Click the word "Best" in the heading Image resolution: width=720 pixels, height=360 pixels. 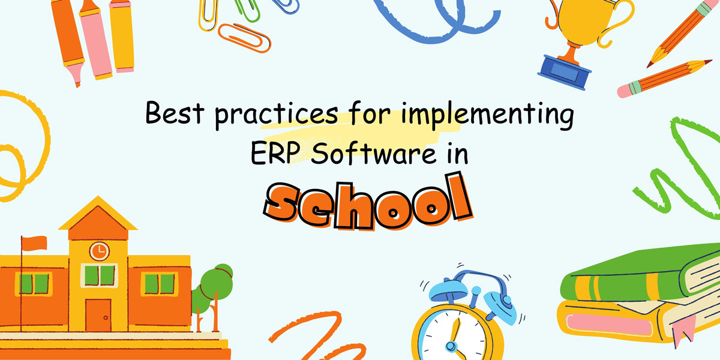[x=175, y=113]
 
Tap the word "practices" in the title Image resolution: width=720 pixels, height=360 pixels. [x=277, y=116]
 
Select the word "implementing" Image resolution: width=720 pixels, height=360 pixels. [x=488, y=115]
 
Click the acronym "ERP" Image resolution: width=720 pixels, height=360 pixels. [x=273, y=154]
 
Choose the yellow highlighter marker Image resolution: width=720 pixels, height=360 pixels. [x=121, y=35]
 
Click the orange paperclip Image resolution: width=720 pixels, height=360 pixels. [x=244, y=38]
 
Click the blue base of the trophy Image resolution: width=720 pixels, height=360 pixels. [x=564, y=73]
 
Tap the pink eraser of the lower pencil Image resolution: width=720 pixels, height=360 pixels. [x=625, y=91]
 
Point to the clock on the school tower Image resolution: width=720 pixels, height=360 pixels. [x=100, y=251]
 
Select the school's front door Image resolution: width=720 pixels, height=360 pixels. [x=98, y=315]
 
